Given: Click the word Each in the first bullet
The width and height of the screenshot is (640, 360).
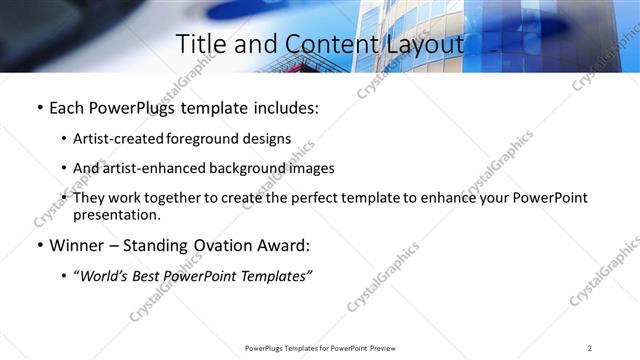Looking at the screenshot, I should [x=67, y=108].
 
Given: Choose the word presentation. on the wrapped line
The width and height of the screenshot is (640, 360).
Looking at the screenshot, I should [x=116, y=214].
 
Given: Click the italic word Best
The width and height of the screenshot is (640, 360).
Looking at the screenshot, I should [x=151, y=276].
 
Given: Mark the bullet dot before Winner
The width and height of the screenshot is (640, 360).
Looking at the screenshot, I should [x=39, y=246].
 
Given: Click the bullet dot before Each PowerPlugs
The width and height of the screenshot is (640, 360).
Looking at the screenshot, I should [x=39, y=108].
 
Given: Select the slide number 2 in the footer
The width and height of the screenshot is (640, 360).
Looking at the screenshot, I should [x=589, y=348].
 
